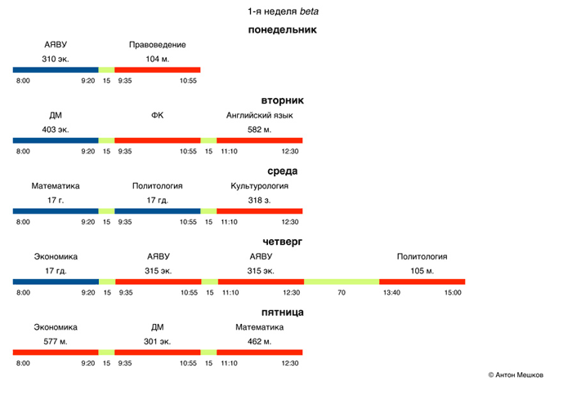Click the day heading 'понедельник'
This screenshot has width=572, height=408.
coord(282,30)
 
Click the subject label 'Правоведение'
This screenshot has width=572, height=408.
coord(158,45)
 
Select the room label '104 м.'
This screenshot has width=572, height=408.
coord(158,60)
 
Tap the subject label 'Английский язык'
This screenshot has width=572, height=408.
coord(259,116)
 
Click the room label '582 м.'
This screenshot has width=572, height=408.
coord(259,130)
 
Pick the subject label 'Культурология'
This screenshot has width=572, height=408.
coord(259,186)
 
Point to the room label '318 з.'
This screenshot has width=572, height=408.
coord(259,200)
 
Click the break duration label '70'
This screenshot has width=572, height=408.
coord(342,292)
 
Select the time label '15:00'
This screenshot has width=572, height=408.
coord(453,292)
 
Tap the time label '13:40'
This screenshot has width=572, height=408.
coord(391,292)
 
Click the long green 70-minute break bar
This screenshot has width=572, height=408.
coord(342,282)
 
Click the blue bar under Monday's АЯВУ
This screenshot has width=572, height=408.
coord(56,70)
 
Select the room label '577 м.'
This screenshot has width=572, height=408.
coord(56,341)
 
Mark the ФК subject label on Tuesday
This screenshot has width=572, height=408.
coord(158,116)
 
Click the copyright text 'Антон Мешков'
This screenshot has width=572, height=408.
coord(518,375)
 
